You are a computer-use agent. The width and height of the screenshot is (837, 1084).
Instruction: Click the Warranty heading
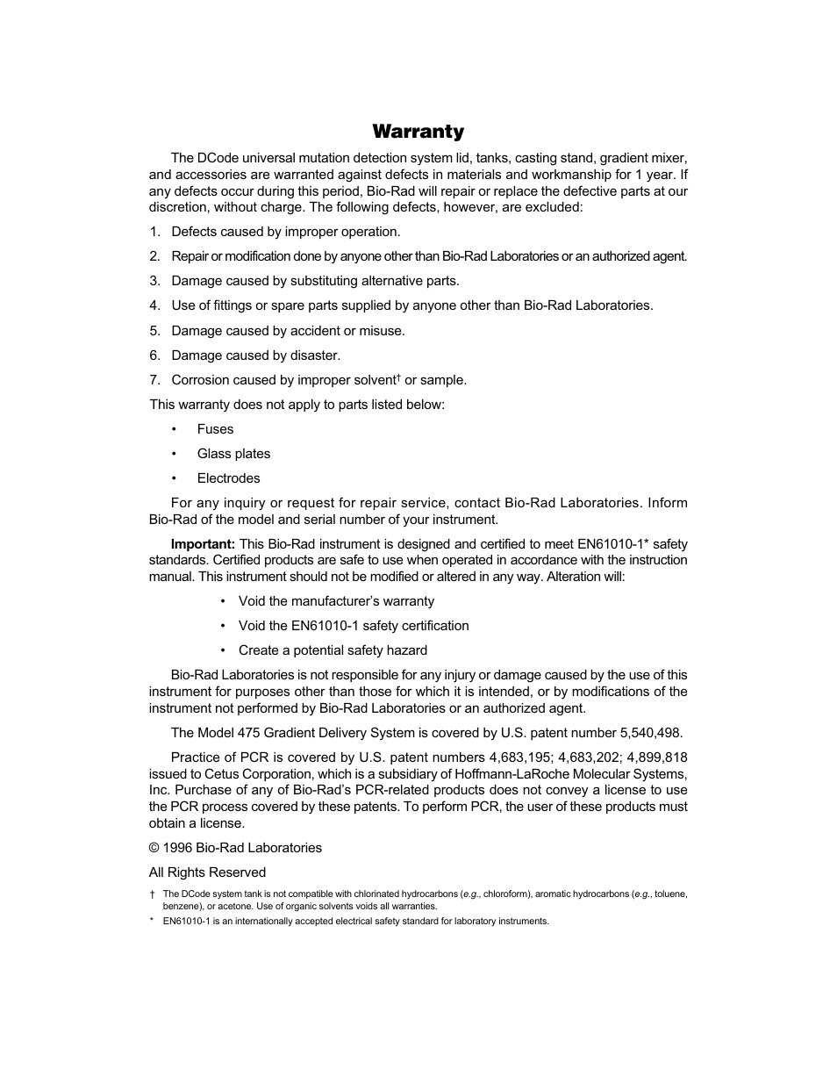[418, 132]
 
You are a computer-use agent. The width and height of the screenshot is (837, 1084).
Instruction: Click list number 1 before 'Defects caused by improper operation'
[154, 232]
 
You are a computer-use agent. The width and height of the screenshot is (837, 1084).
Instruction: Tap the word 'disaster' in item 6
[315, 355]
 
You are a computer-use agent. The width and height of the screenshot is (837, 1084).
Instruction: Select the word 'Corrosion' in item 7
[200, 380]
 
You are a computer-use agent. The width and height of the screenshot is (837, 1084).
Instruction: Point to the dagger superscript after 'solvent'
[397, 377]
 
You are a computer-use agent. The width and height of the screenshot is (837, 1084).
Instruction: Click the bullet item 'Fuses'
[215, 429]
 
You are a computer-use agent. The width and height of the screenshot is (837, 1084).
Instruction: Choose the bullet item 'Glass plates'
[233, 454]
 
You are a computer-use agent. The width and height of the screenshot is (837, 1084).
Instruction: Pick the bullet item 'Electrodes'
[228, 478]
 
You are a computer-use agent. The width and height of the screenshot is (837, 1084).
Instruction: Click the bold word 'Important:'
[203, 544]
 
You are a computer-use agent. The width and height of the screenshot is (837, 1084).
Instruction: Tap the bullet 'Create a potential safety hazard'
[333, 650]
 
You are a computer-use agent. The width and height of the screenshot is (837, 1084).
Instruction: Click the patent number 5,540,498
[649, 733]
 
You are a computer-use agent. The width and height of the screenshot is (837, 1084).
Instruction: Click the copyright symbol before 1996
[154, 848]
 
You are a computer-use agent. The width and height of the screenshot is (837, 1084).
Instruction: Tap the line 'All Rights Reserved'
[207, 872]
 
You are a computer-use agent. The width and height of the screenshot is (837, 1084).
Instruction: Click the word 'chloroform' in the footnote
[506, 894]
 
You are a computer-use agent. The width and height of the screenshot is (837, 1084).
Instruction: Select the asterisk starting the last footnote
[152, 922]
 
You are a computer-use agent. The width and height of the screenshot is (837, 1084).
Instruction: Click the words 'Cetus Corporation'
[258, 774]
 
